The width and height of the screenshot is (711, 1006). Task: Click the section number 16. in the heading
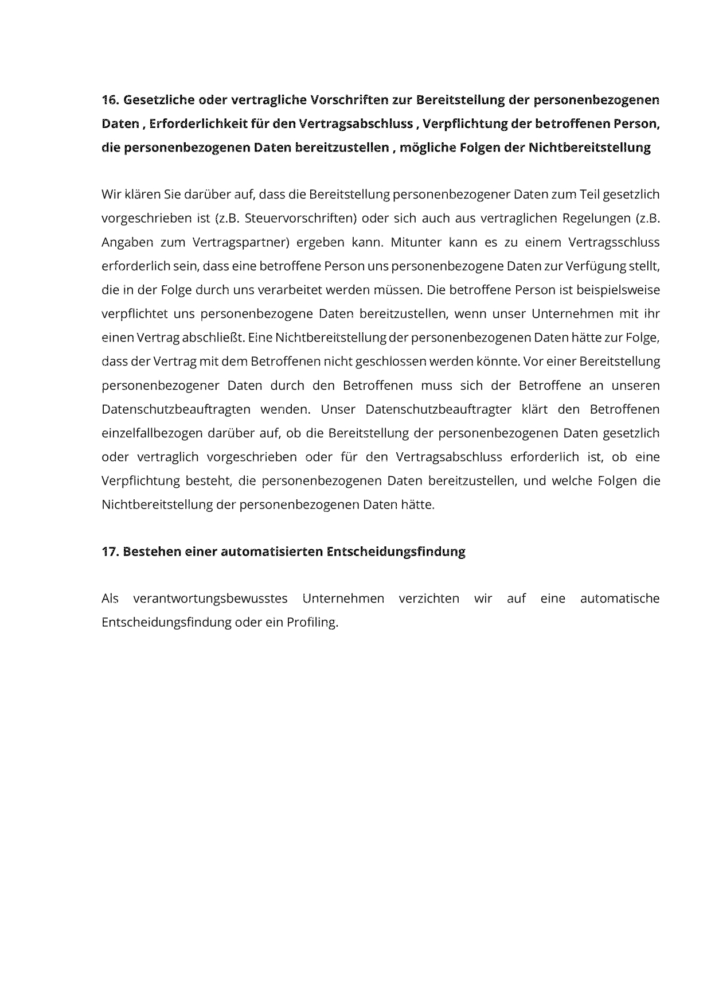[110, 100]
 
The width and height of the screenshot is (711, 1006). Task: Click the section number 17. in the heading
[110, 551]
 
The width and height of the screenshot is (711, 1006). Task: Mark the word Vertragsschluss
[614, 242]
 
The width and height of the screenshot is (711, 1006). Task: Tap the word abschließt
[213, 337]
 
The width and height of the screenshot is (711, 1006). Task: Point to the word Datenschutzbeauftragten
[176, 409]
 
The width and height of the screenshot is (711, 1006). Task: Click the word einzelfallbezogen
[151, 433]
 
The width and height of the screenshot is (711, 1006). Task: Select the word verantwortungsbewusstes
[210, 599]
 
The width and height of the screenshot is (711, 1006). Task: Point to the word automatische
[620, 599]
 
